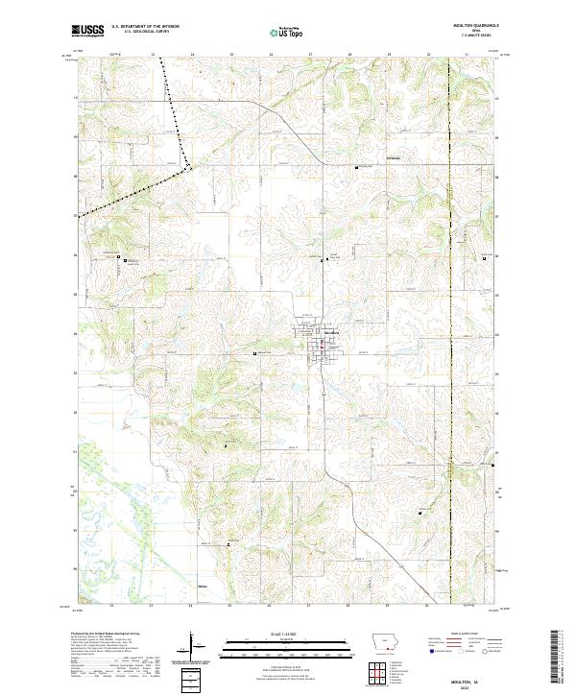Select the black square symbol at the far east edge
[483, 257]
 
